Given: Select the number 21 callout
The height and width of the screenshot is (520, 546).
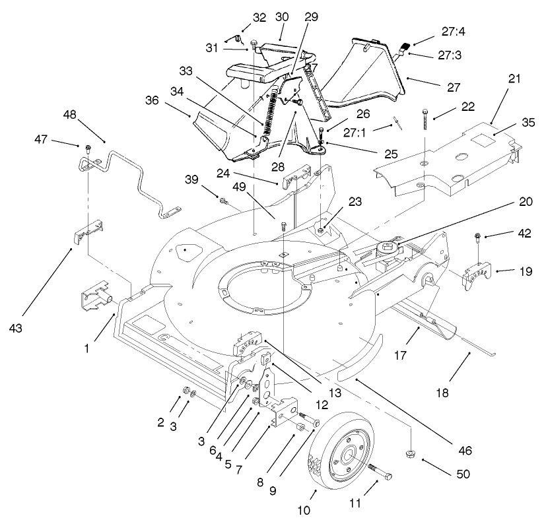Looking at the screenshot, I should [514, 79].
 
